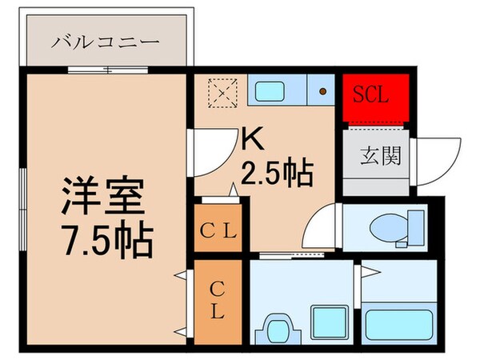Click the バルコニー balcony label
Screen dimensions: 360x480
coord(106,41)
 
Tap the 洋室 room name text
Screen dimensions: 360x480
coord(101,194)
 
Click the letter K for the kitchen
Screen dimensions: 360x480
coord(253,142)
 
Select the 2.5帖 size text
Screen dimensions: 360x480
coord(276,171)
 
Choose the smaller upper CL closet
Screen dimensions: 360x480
coord(218,232)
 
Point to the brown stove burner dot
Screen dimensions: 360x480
coord(322,91)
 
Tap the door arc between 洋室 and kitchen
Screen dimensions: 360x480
coord(210,153)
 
